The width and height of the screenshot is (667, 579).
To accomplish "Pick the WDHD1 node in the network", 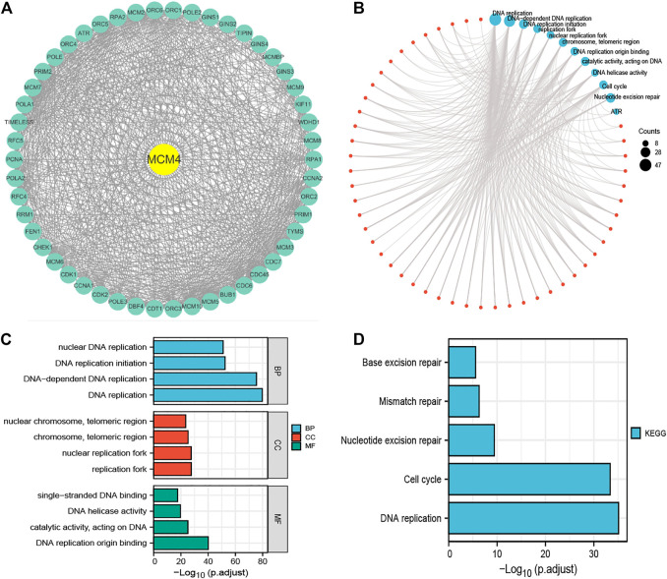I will (x=310, y=123).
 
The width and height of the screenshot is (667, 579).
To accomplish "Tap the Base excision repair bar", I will (x=461, y=363).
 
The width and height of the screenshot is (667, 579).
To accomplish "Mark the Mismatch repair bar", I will (x=463, y=402).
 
